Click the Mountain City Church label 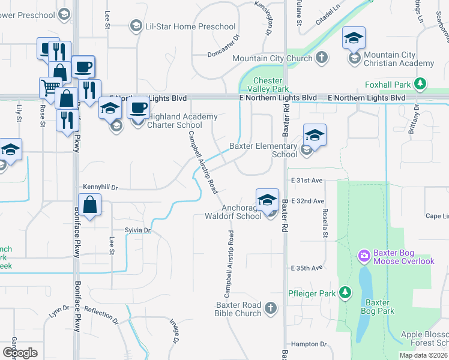272,58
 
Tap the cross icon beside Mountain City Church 322,58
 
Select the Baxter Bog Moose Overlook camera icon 364,257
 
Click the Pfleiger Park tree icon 345,293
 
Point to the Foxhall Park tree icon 421,83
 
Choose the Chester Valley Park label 268,85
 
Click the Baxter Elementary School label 264,150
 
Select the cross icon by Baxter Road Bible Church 270,308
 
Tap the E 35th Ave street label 307,268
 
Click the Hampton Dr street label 309,344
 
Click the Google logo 20,353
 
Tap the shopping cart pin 50,88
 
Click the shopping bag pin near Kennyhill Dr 89,205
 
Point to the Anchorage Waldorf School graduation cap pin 267,200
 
